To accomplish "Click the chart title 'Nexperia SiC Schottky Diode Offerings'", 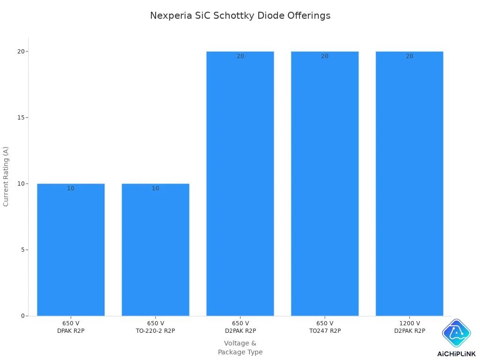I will pos(240,15).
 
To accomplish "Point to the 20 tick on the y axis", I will pos(21,52).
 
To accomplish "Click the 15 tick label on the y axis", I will pos(21,118).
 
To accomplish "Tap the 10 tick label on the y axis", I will pos(21,184).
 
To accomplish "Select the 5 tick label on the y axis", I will pos(22,250).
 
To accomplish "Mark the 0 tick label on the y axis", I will pos(22,316).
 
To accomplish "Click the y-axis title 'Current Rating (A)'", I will pos(6,176).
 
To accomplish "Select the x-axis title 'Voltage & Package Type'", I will pos(240,347).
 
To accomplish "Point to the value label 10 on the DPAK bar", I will pos(71,188).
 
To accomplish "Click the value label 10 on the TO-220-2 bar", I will pos(155,188).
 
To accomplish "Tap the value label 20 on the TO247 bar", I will pos(324,56).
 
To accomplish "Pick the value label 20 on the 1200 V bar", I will pos(409,56).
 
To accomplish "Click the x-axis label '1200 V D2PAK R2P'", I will pos(409,327).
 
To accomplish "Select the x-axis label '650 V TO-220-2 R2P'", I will pos(155,327).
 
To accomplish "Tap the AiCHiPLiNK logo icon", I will pos(456,333).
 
